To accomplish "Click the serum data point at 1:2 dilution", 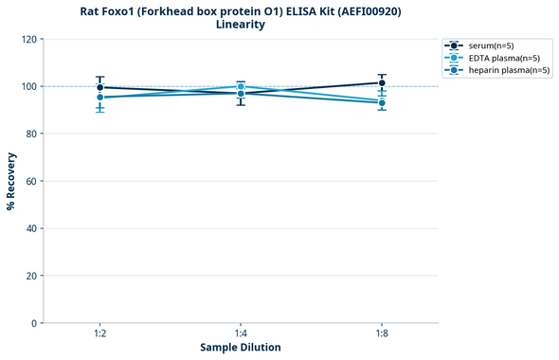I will click(99, 87).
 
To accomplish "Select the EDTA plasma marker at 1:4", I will click(241, 86).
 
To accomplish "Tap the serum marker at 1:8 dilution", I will click(381, 83).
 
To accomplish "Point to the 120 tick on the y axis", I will click(30, 39).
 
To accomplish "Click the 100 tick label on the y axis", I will click(30, 86).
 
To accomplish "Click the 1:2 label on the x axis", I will click(99, 334).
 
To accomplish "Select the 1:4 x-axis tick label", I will click(241, 334).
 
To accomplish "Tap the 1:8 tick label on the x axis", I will click(381, 334).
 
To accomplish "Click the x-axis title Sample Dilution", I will click(240, 348).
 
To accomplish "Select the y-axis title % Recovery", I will click(11, 181).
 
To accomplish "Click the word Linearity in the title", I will click(241, 25).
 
